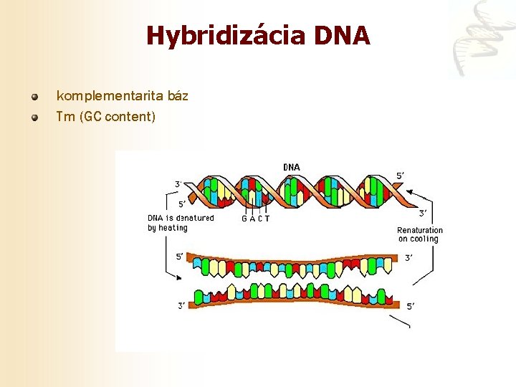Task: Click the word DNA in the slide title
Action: point(341,36)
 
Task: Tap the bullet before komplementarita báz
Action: point(34,96)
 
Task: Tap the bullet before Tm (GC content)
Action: point(34,117)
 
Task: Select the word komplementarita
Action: point(101,95)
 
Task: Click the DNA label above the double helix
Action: point(292,168)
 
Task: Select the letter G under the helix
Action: point(244,219)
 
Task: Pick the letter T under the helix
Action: point(267,219)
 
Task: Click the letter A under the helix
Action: point(252,219)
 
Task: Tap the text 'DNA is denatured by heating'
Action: point(181,223)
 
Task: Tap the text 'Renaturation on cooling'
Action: point(420,234)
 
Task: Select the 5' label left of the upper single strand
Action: point(180,256)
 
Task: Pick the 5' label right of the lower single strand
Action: point(410,306)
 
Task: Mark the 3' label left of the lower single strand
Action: point(181,306)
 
